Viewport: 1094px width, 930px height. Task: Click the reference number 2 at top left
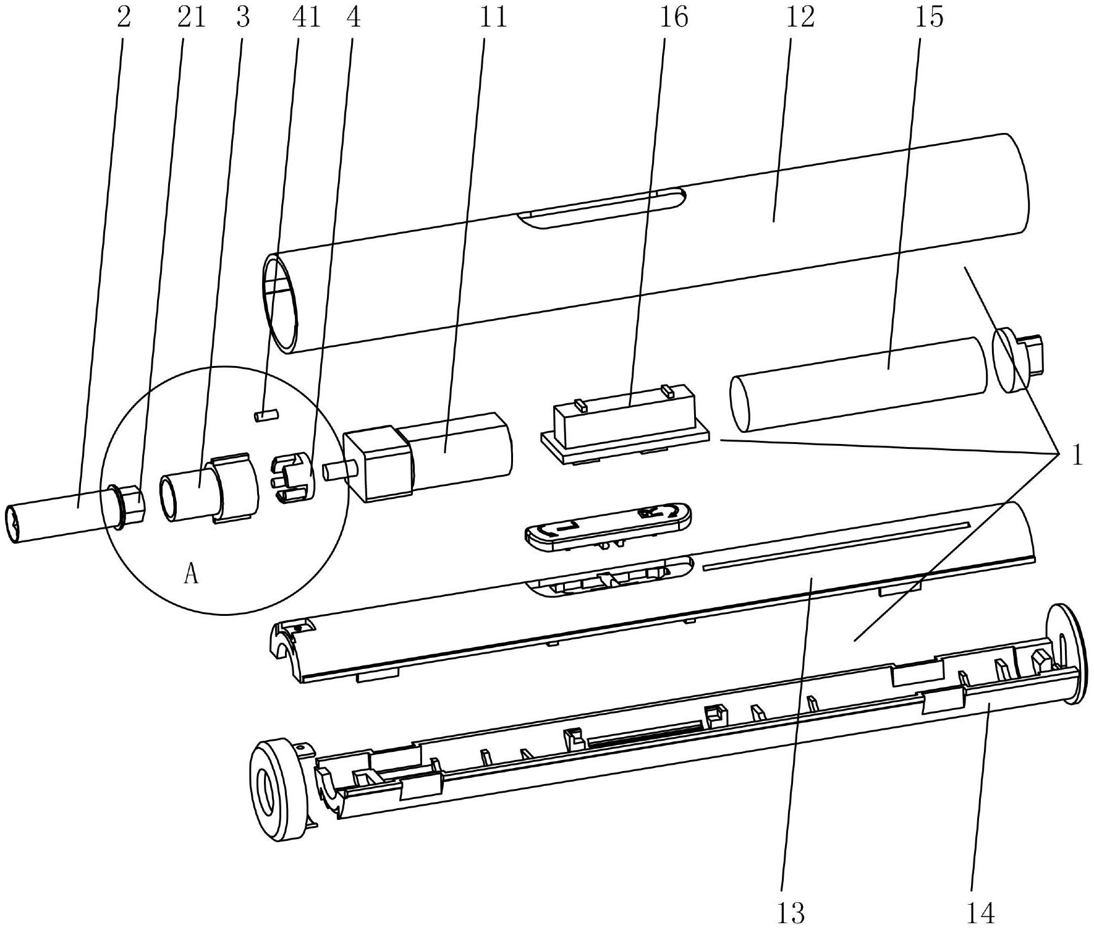(124, 17)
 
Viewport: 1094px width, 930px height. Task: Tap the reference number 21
(191, 17)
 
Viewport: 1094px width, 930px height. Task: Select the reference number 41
(307, 17)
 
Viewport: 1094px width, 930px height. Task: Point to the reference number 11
(492, 17)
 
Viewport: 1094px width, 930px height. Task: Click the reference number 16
(673, 17)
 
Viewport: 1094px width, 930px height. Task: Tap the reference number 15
(930, 17)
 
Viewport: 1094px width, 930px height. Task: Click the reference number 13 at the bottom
(791, 913)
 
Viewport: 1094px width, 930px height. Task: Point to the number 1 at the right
(1077, 457)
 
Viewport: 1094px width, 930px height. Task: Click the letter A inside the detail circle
(191, 575)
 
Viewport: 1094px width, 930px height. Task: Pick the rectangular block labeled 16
(625, 423)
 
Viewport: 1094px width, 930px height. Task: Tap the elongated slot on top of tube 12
(603, 208)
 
